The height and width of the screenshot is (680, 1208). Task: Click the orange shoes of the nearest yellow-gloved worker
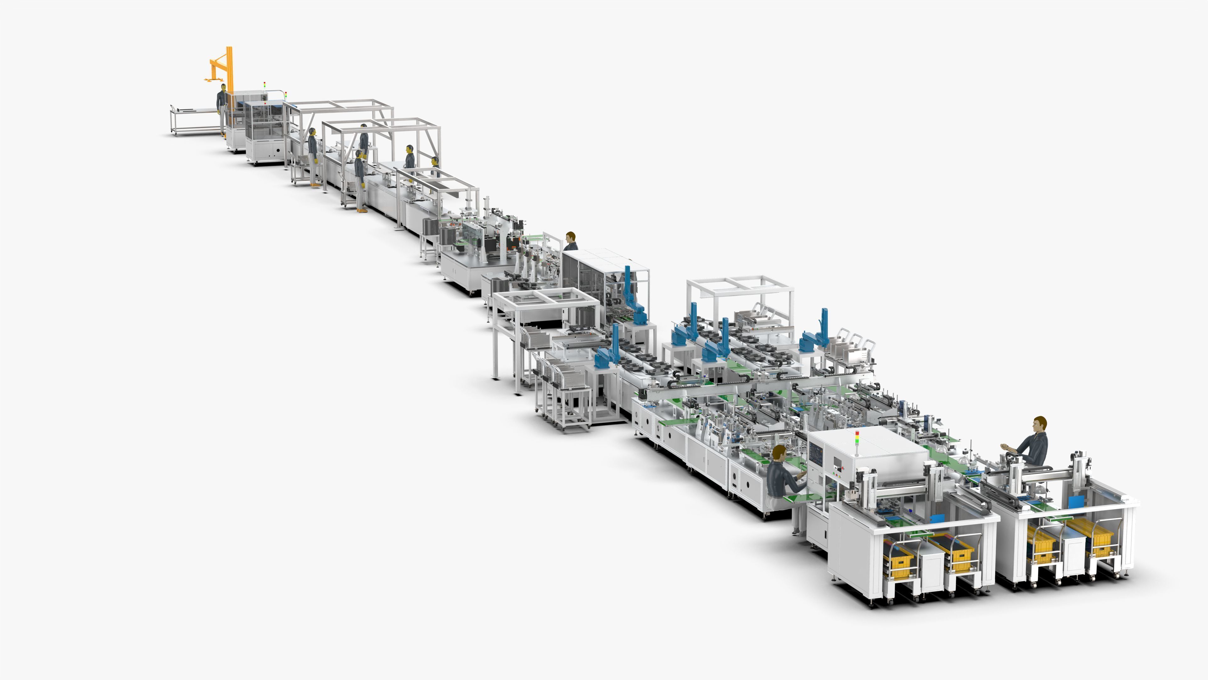click(361, 210)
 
